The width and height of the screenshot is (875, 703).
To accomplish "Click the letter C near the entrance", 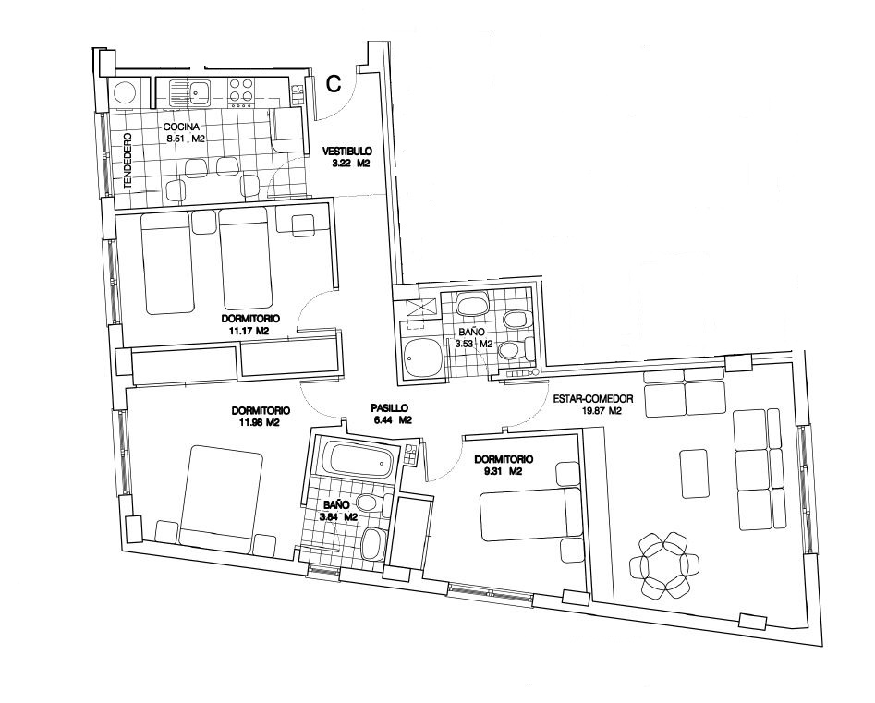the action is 334,83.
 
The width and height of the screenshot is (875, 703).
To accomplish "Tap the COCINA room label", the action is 181,127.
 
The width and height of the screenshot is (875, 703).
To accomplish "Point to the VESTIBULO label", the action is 347,152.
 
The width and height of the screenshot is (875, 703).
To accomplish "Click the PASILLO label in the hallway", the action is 390,408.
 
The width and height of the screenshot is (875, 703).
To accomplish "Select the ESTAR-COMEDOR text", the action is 592,399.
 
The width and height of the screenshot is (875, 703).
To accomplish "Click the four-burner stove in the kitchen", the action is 242,91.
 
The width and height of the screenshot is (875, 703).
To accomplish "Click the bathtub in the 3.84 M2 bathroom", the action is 359,460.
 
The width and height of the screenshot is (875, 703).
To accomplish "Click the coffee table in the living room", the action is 696,474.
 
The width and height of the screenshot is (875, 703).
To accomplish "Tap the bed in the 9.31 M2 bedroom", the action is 531,515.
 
